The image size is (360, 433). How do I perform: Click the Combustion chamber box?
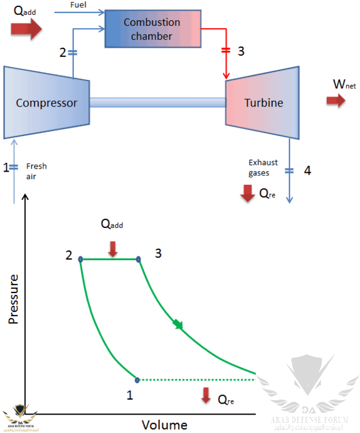tap(151, 29)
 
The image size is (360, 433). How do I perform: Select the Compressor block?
tap(46, 102)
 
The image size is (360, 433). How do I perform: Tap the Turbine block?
tap(263, 102)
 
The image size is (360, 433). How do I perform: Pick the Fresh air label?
tap(36, 171)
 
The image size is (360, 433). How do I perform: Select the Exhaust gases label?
tap(259, 168)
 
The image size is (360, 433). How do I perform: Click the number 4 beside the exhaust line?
tap(308, 170)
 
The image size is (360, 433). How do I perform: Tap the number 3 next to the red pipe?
tap(241, 51)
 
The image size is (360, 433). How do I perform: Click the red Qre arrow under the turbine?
tap(248, 194)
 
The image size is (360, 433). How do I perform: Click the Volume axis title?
tap(165, 425)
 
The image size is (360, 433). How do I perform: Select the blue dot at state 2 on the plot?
tap(81, 259)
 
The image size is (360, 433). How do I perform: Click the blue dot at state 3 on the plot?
tap(138, 259)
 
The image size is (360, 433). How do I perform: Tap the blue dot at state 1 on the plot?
tap(137, 379)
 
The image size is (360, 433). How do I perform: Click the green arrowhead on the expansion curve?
tap(178, 325)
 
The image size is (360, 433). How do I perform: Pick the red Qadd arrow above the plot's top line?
tap(113, 248)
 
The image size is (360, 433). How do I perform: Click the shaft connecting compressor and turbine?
tap(157, 102)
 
